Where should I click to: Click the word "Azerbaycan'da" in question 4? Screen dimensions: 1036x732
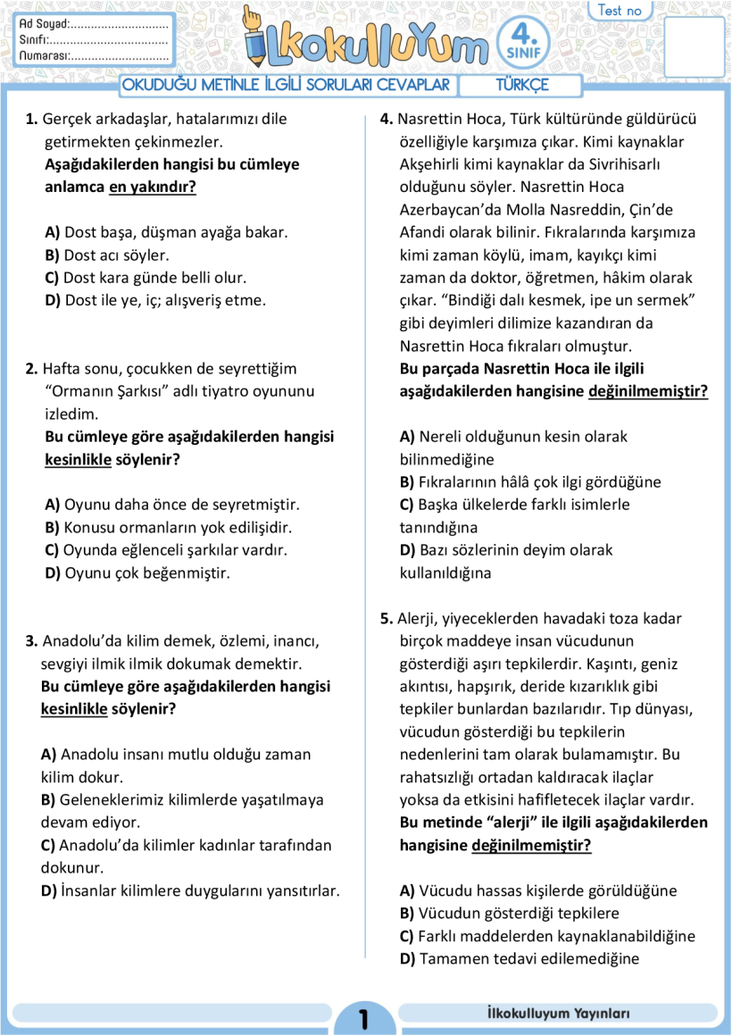tap(446, 210)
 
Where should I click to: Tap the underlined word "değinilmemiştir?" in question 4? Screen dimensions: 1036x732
tap(647, 391)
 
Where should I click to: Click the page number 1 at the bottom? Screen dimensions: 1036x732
tap(363, 1019)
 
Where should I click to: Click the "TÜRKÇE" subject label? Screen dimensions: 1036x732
tap(522, 86)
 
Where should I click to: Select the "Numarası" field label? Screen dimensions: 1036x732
tap(44, 55)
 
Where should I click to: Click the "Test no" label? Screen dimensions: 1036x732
tap(620, 11)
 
